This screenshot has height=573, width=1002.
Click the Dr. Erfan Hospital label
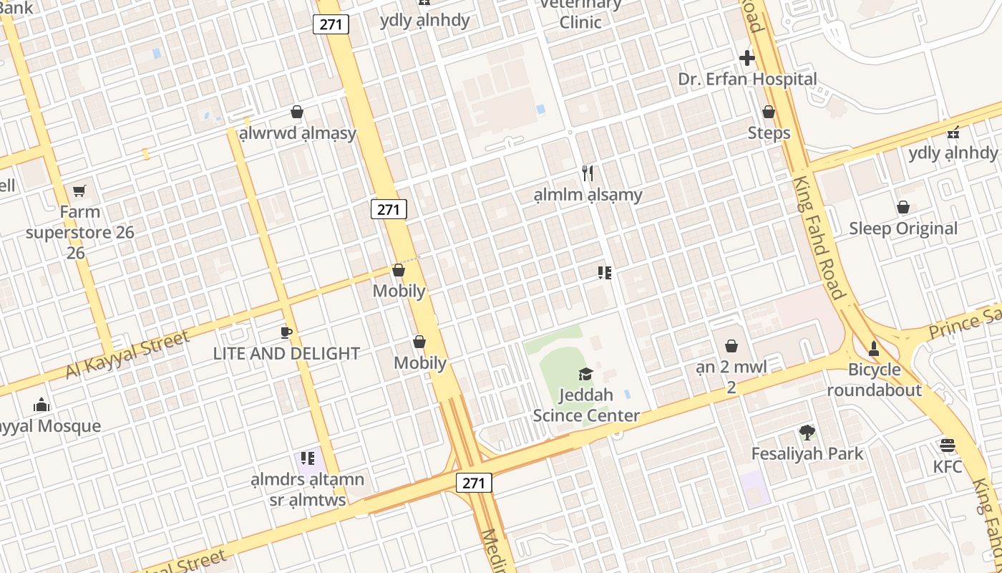747,79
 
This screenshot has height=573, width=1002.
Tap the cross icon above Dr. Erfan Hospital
747,58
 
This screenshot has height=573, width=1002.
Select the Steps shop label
769,133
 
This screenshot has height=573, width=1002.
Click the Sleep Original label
903,228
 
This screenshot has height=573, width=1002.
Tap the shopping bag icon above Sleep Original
903,207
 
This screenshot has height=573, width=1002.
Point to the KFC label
948,466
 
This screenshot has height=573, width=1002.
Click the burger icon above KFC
948,446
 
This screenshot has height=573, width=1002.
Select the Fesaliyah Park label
807,453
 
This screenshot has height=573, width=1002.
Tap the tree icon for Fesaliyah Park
807,433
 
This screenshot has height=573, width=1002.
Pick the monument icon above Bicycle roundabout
873,349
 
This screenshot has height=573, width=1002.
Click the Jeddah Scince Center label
586,405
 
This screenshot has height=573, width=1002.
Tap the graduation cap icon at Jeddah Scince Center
585,374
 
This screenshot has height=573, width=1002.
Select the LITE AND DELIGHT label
286,353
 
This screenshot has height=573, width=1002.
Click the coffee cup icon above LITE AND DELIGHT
286,332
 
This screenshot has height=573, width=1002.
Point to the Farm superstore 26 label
79,232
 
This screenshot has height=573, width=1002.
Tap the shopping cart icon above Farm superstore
79,191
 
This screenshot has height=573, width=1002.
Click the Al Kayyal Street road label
127,355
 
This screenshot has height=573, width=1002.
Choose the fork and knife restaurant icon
588,173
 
